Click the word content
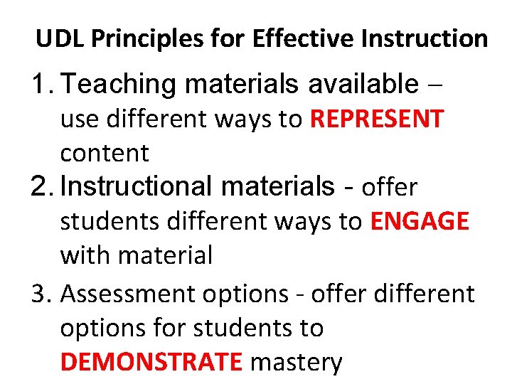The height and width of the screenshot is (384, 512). click(105, 153)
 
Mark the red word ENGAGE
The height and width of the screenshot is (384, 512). click(420, 221)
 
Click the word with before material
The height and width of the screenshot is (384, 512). click(82, 255)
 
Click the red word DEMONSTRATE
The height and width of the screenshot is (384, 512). click(151, 362)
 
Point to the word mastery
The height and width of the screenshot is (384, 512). click(297, 362)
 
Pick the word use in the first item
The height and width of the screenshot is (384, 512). click(75, 119)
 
